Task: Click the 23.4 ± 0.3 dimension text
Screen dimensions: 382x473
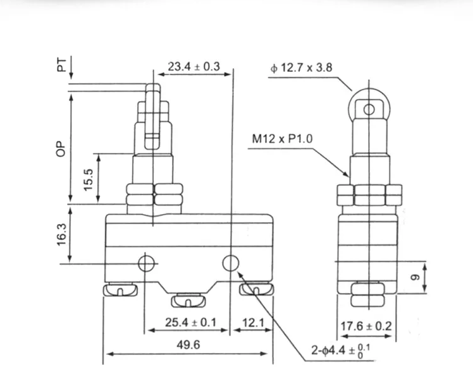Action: (194, 66)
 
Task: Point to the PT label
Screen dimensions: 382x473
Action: (62, 64)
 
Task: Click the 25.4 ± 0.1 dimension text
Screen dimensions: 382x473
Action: (191, 323)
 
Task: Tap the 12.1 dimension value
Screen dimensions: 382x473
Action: (252, 323)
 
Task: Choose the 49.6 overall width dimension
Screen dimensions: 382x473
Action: (188, 345)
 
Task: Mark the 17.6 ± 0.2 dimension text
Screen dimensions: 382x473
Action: (367, 326)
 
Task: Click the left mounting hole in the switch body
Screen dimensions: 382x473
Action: (147, 263)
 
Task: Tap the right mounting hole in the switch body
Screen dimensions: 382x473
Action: (231, 263)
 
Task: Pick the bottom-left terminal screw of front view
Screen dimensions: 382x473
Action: (120, 290)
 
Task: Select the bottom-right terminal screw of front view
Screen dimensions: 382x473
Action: (257, 290)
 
